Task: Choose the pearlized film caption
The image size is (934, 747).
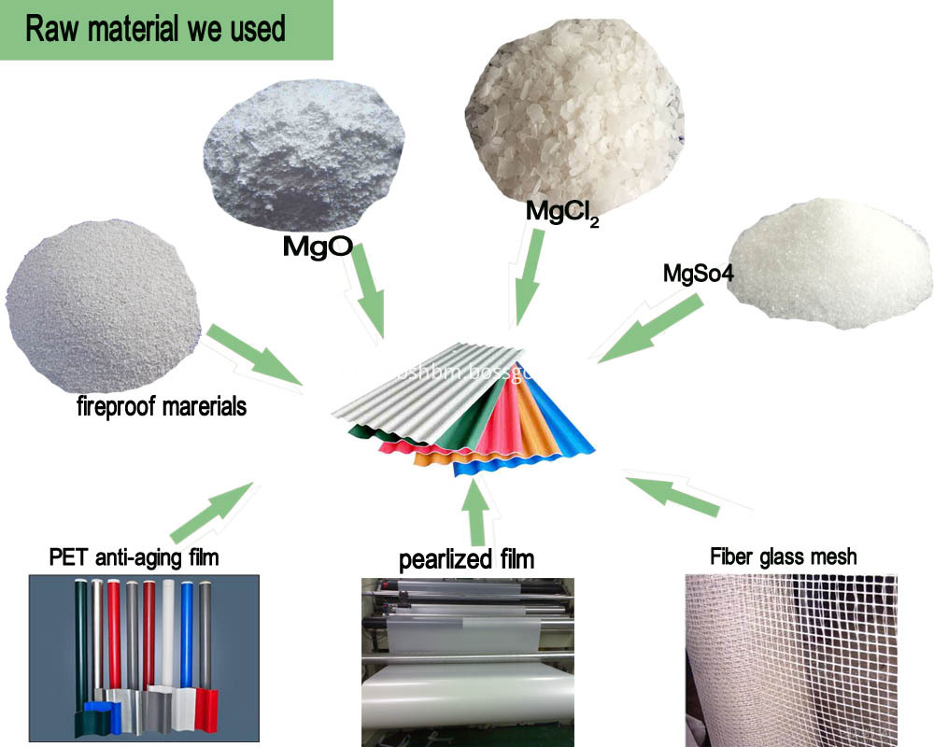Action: pos(467,559)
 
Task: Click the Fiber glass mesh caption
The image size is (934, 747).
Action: pos(783,557)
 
